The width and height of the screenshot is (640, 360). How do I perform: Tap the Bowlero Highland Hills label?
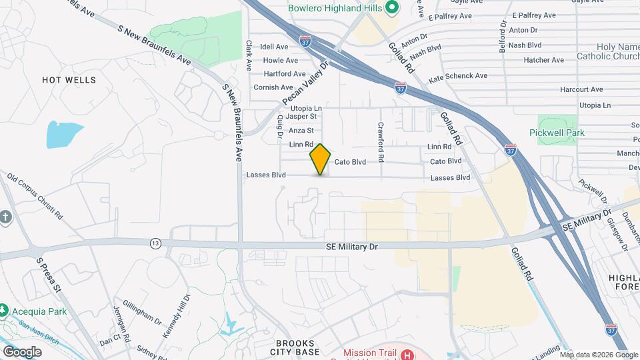tap(335, 9)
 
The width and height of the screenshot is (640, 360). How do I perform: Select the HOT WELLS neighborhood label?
tap(69, 80)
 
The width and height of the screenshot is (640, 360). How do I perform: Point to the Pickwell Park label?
tap(557, 133)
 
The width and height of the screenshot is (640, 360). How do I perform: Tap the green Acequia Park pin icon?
tap(4, 311)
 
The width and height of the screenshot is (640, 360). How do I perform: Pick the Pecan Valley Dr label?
tap(306, 85)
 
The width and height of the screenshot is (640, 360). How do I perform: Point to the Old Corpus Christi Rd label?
tap(35, 197)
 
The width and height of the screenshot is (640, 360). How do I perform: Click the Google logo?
tap(23, 351)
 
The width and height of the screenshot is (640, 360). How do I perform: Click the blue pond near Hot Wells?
tap(64, 135)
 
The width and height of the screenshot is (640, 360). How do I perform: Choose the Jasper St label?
tap(300, 116)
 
